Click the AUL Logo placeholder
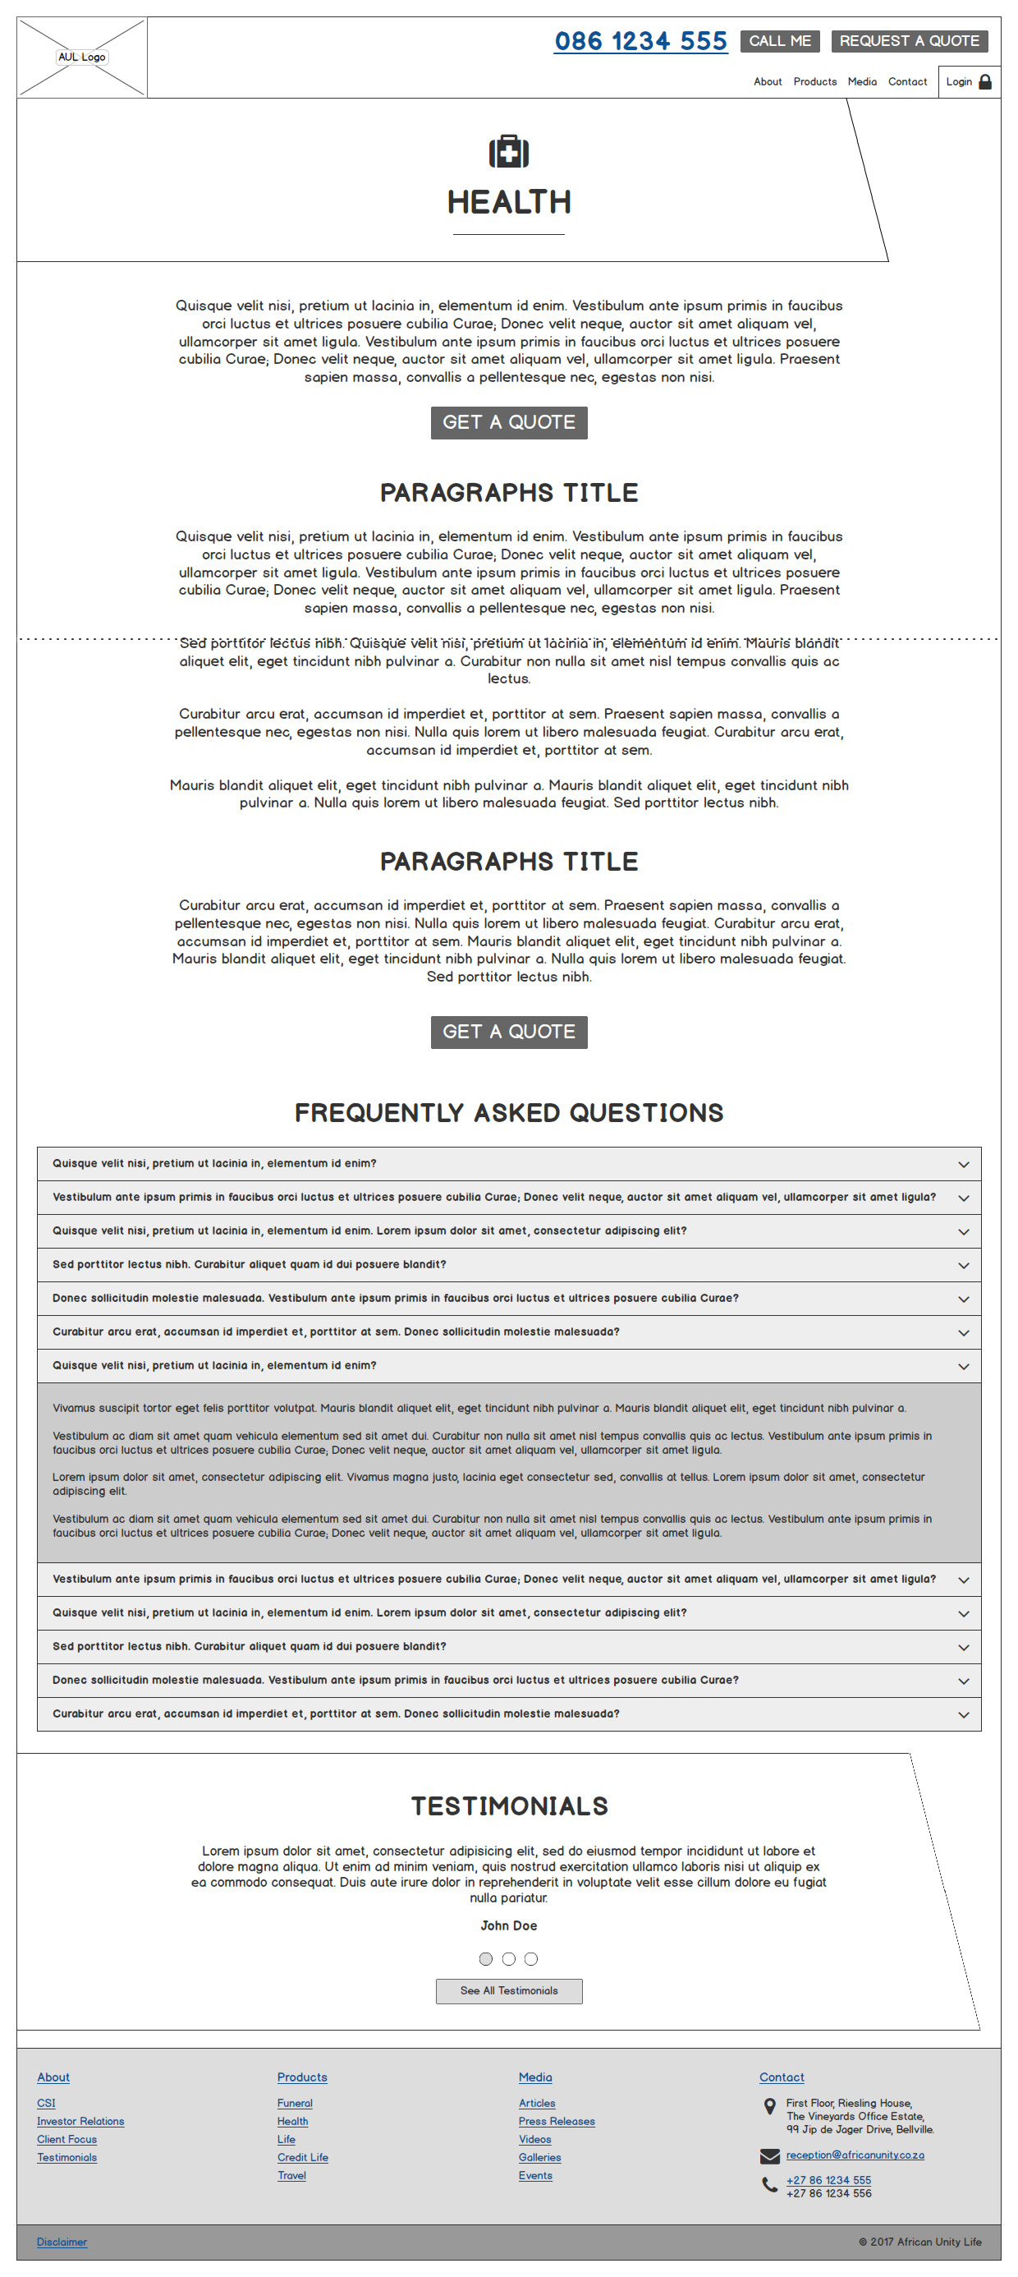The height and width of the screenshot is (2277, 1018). [81, 57]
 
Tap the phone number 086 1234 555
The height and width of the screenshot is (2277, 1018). [640, 42]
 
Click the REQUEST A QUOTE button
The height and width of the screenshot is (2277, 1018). [909, 42]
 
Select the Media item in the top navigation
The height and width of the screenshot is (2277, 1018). [861, 82]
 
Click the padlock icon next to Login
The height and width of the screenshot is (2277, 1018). [985, 82]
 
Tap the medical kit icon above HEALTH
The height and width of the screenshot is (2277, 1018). [509, 152]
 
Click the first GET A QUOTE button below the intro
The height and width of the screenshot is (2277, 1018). [509, 422]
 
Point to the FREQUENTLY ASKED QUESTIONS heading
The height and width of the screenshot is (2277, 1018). [509, 1113]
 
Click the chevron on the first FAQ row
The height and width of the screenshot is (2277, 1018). [963, 1164]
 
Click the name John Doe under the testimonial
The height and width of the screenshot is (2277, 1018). [509, 1925]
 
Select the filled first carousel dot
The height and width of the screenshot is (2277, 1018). [486, 1959]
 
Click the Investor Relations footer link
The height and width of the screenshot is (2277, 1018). [80, 2122]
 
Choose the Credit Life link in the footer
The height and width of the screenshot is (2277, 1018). [302, 2158]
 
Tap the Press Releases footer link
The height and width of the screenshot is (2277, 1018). [557, 2122]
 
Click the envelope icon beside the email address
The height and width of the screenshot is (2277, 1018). [770, 2156]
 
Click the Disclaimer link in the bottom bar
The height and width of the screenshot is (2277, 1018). [62, 2242]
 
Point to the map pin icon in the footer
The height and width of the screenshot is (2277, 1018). [770, 2106]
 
